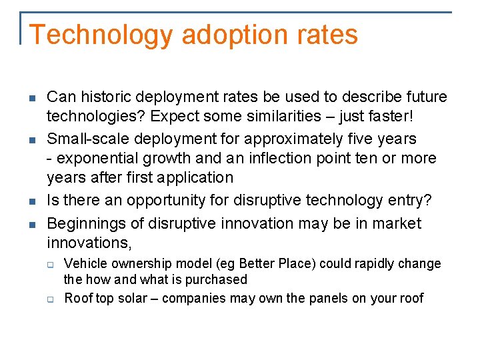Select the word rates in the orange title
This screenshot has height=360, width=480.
pyautogui.click(x=328, y=35)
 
